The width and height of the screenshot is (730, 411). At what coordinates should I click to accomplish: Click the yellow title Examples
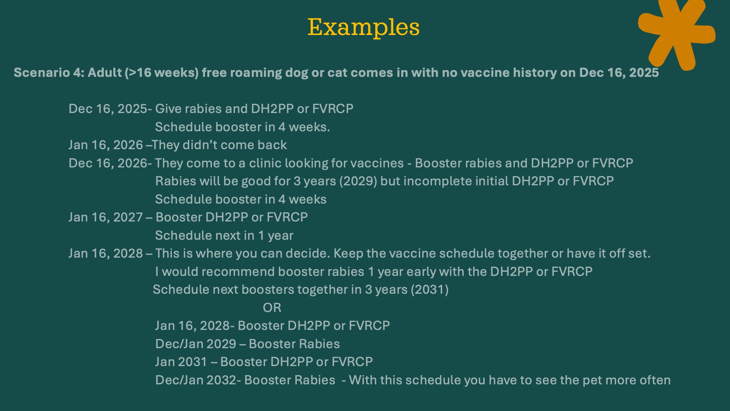coord(363,27)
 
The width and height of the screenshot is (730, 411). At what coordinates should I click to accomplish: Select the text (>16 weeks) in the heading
coord(162,73)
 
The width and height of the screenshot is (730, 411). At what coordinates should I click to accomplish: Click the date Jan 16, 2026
coord(106,145)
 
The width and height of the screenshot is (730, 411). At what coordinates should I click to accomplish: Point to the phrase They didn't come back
coord(219,145)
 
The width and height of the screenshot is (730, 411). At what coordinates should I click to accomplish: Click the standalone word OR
coord(272,307)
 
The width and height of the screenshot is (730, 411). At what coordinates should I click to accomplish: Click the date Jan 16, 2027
coord(106,217)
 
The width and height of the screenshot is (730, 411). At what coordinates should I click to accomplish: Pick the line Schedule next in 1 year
coord(224,236)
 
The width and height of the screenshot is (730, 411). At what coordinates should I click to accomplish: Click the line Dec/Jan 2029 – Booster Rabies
coord(248,344)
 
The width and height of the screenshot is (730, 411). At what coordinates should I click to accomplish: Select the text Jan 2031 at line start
coord(181,362)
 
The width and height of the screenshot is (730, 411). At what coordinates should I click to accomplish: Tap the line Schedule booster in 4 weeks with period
coord(243,127)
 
